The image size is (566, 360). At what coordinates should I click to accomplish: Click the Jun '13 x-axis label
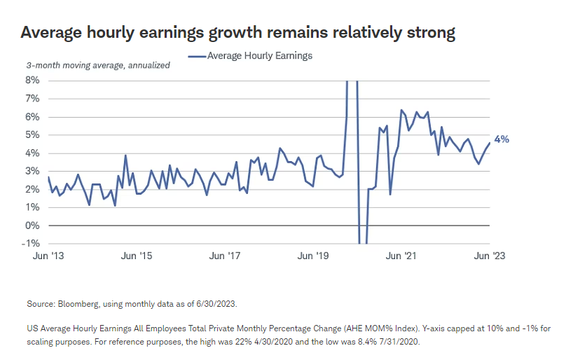(x=48, y=256)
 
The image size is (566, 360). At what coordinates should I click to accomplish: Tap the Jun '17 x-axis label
(x=226, y=256)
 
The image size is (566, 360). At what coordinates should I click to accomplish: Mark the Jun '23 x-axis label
(x=489, y=256)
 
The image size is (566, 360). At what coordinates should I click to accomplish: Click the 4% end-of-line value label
(x=502, y=139)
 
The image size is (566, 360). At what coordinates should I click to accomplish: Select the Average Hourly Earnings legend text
(x=260, y=55)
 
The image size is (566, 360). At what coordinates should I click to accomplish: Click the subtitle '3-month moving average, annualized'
(x=98, y=65)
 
